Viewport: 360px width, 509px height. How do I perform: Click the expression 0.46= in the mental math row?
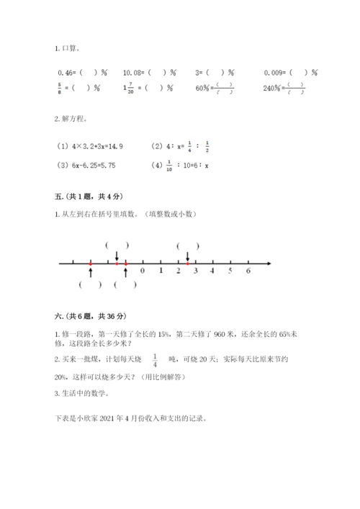pyautogui.click(x=66, y=73)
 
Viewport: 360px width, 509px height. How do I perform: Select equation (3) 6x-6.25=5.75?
pyautogui.click(x=85, y=165)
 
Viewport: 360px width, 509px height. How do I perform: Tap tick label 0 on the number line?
pyautogui.click(x=143, y=271)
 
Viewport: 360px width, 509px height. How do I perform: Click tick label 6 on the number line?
pyautogui.click(x=248, y=271)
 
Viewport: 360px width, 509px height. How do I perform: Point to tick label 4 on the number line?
pyautogui.click(x=212, y=271)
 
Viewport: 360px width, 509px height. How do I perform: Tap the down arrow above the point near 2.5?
pyautogui.click(x=188, y=256)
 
